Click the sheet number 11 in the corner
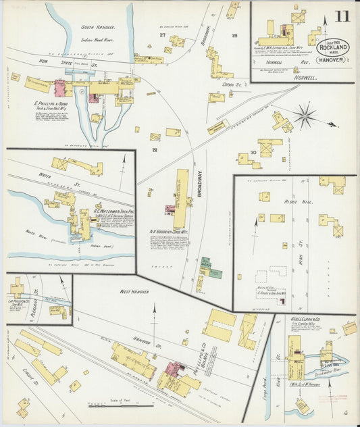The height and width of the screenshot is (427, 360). click(342, 16)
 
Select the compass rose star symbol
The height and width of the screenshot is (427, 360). click(305, 116)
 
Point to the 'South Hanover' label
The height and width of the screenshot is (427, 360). click(98, 28)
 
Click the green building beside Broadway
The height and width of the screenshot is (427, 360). click(214, 273)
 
